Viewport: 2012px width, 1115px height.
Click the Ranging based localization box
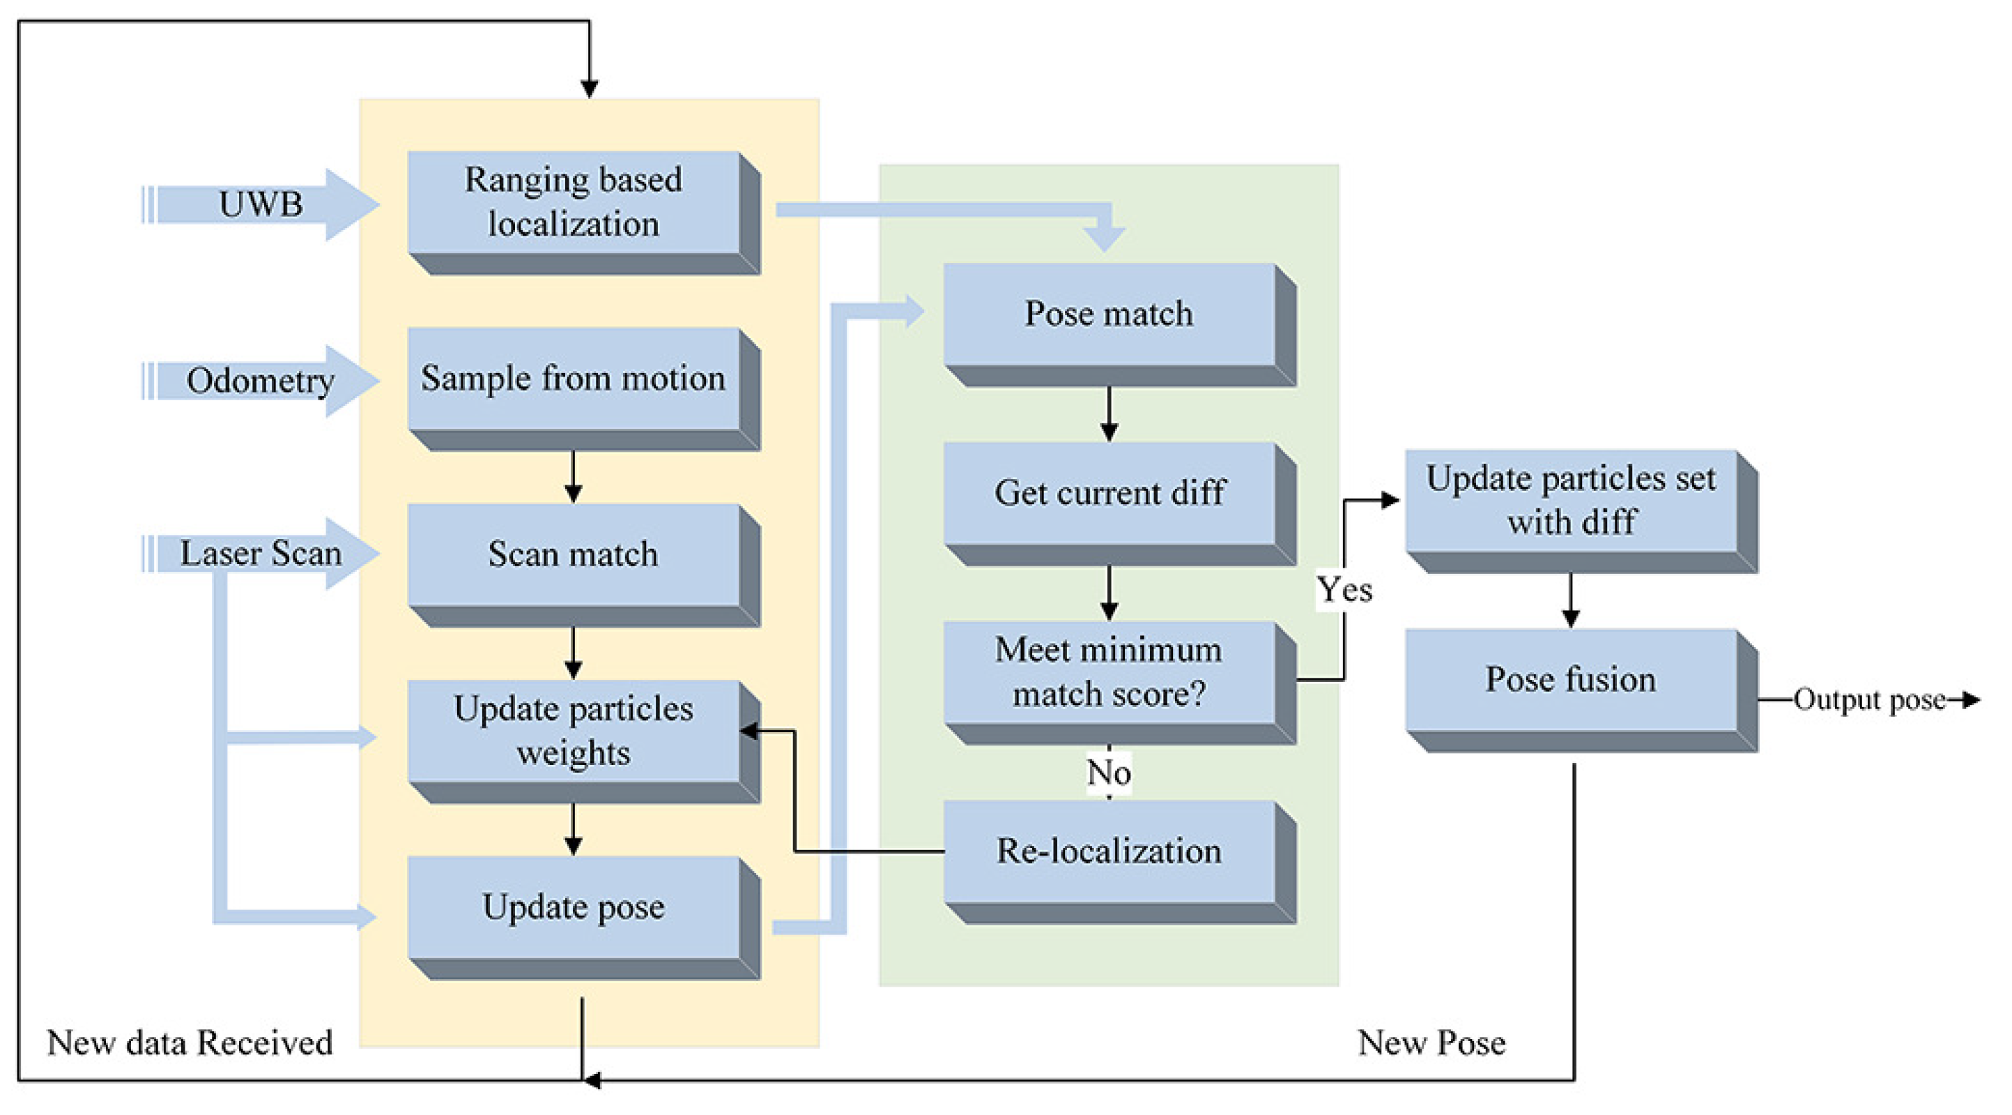point(574,202)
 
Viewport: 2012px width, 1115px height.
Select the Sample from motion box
point(574,379)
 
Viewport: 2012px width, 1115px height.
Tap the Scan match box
point(574,555)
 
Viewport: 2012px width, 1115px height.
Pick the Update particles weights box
point(574,731)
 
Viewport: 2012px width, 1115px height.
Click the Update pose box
point(574,907)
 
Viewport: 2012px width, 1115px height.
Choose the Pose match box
point(1109,314)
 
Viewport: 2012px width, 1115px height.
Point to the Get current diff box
point(1109,493)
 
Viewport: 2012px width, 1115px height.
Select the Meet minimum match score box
point(1109,672)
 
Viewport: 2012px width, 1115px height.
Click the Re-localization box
point(1109,851)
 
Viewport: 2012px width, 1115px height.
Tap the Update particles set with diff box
point(1571,501)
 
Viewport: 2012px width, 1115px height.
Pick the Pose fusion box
point(1571,680)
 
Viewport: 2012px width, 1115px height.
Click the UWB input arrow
point(261,205)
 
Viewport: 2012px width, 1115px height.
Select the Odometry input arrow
point(261,381)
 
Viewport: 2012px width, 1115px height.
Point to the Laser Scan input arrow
point(261,554)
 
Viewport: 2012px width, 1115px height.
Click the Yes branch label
point(1344,590)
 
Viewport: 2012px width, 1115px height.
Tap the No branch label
point(1108,773)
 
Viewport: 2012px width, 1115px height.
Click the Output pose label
point(1869,700)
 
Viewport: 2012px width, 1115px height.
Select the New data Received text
point(190,1043)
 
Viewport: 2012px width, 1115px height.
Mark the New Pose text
point(1431,1043)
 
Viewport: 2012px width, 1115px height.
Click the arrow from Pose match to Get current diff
point(1109,415)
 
